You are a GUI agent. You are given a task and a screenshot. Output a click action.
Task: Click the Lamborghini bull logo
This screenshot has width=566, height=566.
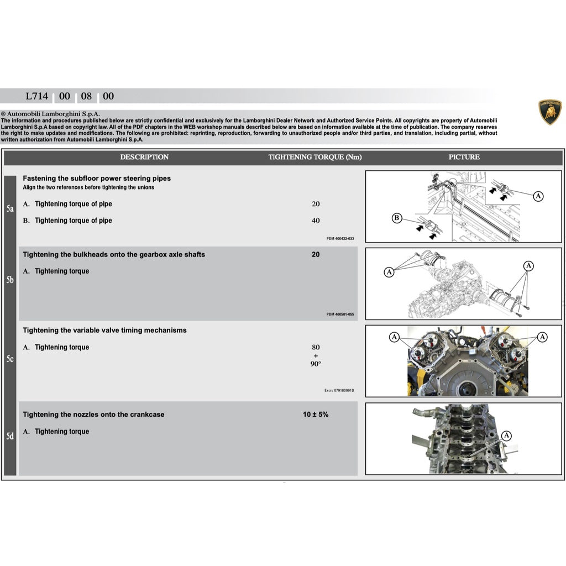click(550, 112)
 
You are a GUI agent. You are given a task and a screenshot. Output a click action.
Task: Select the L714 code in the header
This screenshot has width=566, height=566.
click(37, 96)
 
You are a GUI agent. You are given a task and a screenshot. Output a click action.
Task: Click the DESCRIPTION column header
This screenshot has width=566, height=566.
click(144, 157)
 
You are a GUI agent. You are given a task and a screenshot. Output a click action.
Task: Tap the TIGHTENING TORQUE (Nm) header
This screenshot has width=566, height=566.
click(315, 157)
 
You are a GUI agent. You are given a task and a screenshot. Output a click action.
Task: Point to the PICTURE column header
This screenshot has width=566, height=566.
click(464, 157)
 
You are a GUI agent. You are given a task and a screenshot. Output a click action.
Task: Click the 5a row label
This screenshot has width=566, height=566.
click(10, 209)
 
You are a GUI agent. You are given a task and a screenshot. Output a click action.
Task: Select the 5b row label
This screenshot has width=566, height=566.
click(10, 280)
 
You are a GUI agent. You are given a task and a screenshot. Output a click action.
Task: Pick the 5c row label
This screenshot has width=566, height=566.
click(10, 359)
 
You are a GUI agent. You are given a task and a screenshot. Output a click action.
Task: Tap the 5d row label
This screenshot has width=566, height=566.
click(10, 437)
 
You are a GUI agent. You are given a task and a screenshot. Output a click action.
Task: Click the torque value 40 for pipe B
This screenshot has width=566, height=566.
click(316, 221)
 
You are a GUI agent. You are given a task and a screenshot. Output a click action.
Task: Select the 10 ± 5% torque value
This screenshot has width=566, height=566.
click(316, 415)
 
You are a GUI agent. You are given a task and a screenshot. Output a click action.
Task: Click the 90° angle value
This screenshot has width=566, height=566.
click(316, 364)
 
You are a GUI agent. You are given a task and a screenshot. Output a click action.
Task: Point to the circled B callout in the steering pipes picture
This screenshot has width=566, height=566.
click(397, 218)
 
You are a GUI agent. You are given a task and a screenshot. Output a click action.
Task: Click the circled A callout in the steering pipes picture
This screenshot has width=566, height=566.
click(538, 196)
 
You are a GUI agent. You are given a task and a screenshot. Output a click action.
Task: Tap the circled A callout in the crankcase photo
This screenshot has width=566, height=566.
click(507, 436)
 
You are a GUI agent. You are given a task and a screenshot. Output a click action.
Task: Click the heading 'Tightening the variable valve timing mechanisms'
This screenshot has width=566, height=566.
click(104, 331)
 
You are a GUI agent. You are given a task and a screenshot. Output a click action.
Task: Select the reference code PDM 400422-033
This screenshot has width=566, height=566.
click(340, 239)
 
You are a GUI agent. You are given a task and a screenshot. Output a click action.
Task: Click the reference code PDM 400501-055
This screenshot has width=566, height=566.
click(340, 315)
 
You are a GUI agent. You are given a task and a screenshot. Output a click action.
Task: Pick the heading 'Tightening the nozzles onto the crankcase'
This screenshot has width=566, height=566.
click(93, 415)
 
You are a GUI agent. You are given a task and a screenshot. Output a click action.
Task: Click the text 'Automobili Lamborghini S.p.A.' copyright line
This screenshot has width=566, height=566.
click(54, 114)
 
